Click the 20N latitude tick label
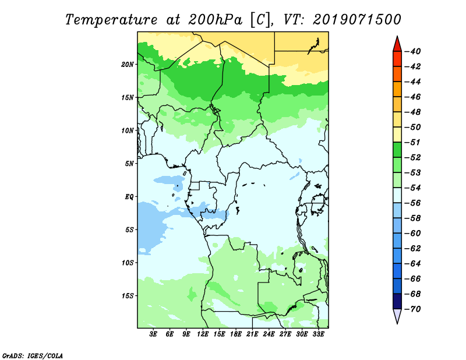coord(128,65)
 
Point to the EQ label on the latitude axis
coord(129,197)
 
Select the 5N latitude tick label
coord(129,164)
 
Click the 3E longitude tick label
coord(153,334)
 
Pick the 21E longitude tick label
coord(252,334)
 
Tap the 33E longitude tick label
coord(318,334)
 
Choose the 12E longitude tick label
coord(203,334)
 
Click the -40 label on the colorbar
coord(412,51)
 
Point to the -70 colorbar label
coord(412,309)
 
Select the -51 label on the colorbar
coord(412,142)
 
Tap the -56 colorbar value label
coord(412,203)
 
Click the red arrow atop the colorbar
coord(397,45)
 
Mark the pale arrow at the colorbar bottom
coord(397,315)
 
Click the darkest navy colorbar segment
coord(397,301)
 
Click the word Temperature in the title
coord(111,20)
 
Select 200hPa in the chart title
coord(215,20)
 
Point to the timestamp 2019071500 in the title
coord(356,20)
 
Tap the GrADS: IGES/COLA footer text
coord(33,356)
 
